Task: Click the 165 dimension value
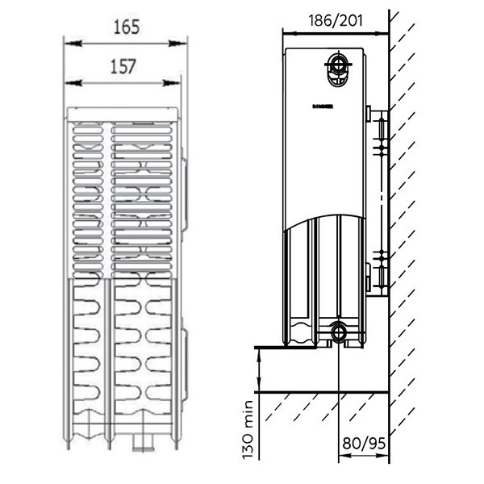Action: pyautogui.click(x=126, y=27)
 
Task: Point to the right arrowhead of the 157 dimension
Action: pyautogui.click(x=177, y=82)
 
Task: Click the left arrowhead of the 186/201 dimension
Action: pyautogui.click(x=286, y=33)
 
